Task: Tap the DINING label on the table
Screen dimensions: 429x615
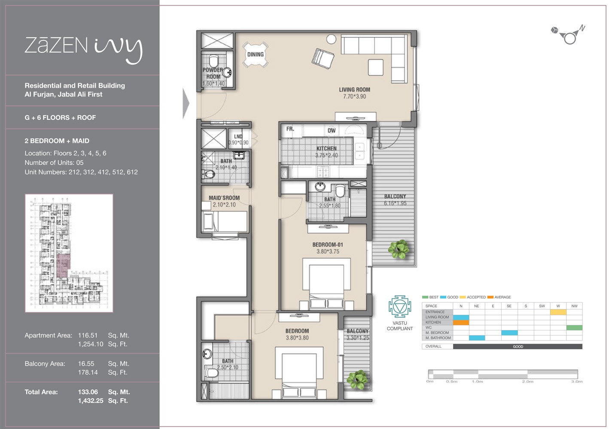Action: click(255, 54)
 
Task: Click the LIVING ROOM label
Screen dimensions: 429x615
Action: click(354, 90)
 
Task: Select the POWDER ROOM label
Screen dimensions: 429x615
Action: click(213, 73)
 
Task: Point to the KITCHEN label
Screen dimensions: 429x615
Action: click(326, 148)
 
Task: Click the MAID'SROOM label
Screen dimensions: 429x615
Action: click(224, 198)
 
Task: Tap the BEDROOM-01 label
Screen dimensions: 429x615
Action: click(328, 245)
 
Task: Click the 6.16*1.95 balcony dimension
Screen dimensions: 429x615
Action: click(395, 203)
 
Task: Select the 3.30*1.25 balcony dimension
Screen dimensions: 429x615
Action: click(358, 338)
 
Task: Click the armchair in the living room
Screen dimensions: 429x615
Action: click(323, 58)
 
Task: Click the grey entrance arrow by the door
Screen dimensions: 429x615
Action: click(186, 103)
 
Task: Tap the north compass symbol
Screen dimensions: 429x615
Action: click(569, 36)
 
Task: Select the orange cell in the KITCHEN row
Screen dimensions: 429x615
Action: click(461, 322)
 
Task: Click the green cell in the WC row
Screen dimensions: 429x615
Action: click(574, 327)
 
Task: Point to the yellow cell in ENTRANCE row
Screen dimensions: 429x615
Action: click(558, 312)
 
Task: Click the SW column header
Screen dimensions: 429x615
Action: click(542, 306)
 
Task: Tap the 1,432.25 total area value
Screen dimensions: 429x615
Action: click(91, 401)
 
